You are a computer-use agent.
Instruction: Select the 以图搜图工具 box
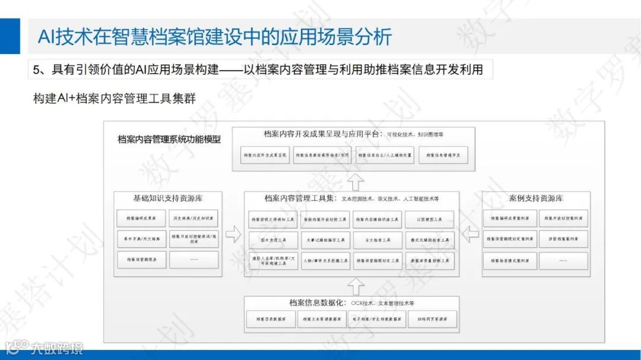[429, 219]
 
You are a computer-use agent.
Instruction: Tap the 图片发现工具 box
[272, 240]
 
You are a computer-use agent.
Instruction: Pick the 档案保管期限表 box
[141, 259]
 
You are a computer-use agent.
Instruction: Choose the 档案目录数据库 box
[271, 319]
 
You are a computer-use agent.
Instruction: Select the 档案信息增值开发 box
[443, 155]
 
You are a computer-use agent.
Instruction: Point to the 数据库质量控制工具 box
[429, 260]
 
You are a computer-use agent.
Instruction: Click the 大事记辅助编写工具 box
[325, 240]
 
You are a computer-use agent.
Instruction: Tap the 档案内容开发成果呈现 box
[265, 155]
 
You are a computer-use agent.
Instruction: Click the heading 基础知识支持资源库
[168, 197]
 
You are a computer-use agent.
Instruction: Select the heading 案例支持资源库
[536, 197]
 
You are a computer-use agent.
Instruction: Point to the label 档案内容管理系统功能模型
[169, 140]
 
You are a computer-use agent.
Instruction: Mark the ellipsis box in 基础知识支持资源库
[193, 259]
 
